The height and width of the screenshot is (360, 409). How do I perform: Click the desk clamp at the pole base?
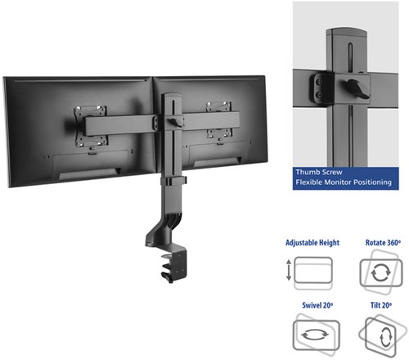[173, 266]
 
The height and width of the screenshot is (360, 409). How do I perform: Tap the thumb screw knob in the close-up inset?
[358, 88]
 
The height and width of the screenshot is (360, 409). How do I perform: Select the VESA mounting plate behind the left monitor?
[90, 126]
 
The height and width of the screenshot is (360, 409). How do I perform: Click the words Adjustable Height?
[312, 243]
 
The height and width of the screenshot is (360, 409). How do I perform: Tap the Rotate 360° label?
[383, 242]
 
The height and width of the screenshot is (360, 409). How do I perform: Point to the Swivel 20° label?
[317, 305]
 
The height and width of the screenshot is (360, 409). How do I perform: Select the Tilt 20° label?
[381, 305]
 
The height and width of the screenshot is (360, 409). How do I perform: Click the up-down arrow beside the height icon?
[289, 270]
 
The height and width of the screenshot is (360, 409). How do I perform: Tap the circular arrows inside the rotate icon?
[381, 272]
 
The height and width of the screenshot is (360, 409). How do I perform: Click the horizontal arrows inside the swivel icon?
[315, 335]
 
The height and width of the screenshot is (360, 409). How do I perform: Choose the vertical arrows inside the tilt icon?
[384, 337]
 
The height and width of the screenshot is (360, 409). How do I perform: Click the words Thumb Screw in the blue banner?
[319, 173]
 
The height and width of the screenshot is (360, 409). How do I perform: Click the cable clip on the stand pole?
[173, 181]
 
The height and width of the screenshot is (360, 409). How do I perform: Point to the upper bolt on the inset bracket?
[319, 82]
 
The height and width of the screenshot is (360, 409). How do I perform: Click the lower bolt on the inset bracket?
[319, 95]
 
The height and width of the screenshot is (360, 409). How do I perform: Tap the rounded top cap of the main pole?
[172, 97]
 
